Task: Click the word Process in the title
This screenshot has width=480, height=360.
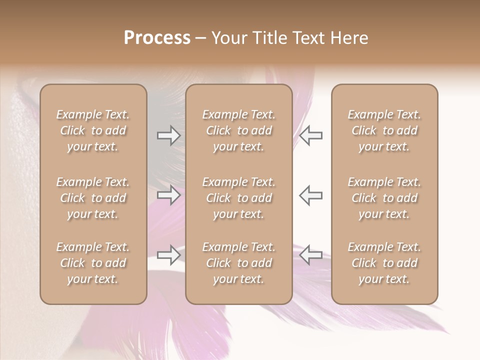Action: [x=157, y=38]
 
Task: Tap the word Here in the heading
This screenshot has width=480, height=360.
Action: [x=350, y=38]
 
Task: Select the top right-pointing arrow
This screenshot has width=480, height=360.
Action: [x=169, y=135]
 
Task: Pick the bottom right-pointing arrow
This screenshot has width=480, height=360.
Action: [x=169, y=254]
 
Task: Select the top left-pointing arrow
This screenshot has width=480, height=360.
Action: [x=310, y=135]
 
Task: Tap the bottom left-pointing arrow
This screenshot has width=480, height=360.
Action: [x=310, y=254]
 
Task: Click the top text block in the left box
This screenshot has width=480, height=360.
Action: [x=93, y=130]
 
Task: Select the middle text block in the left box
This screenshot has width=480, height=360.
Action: [x=93, y=198]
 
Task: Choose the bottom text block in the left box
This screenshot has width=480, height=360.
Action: [x=93, y=263]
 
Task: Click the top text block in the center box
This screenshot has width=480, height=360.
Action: [x=238, y=130]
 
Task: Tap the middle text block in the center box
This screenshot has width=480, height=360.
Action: [x=238, y=198]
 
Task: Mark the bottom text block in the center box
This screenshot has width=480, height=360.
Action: [x=238, y=263]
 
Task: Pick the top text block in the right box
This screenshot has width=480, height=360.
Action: [x=384, y=130]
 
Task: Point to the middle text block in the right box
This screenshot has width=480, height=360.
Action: [x=384, y=198]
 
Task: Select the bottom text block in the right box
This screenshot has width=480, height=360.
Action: [x=384, y=263]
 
